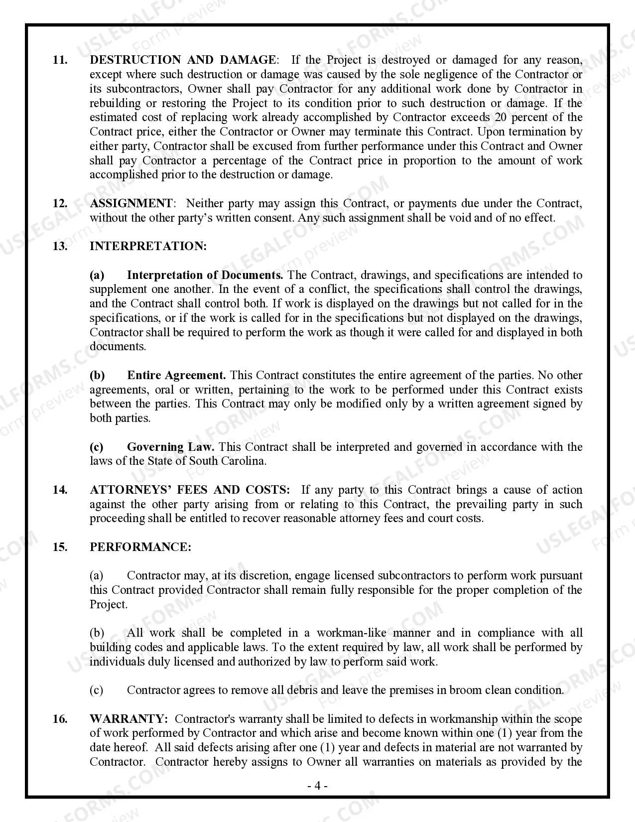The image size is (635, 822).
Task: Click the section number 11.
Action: (x=60, y=60)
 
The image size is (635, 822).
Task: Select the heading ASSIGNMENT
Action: (x=131, y=203)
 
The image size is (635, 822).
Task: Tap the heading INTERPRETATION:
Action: (x=148, y=246)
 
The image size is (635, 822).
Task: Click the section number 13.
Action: (x=60, y=246)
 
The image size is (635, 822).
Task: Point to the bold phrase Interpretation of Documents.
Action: (x=205, y=275)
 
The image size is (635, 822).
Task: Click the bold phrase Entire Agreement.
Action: (x=176, y=375)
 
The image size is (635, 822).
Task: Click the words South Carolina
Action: (x=227, y=461)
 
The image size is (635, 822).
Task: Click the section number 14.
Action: (x=60, y=490)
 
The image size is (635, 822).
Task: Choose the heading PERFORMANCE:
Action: (x=140, y=547)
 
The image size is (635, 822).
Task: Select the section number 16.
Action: (x=60, y=719)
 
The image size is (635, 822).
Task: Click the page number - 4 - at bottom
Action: (x=317, y=786)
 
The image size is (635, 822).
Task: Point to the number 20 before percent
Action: (x=501, y=118)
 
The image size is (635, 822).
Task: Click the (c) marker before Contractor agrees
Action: (x=97, y=690)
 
